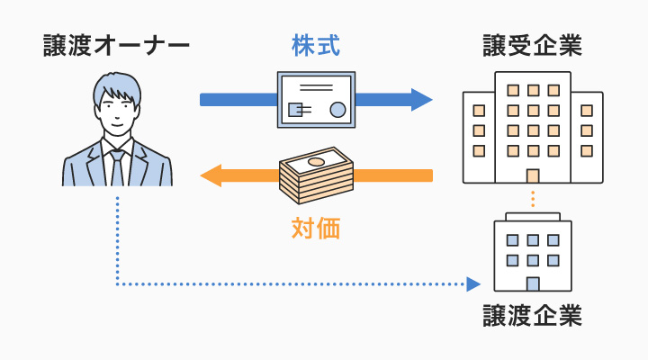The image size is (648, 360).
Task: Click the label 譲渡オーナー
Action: [x=117, y=46]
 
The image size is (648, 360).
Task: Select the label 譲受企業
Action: [x=532, y=46]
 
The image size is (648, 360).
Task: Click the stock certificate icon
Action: [x=316, y=100]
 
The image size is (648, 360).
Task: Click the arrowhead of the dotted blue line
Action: [x=474, y=284]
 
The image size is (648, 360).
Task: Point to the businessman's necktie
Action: [x=117, y=166]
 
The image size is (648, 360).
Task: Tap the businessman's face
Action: [x=117, y=112]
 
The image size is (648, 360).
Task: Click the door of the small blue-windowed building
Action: [x=533, y=283]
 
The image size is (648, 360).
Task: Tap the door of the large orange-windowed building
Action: [x=533, y=176]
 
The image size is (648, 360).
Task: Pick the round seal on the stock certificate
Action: [x=338, y=111]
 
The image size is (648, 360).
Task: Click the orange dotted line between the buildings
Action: [x=533, y=199]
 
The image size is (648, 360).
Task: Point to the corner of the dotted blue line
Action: [x=117, y=284]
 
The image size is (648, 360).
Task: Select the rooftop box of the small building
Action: [x=533, y=217]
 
